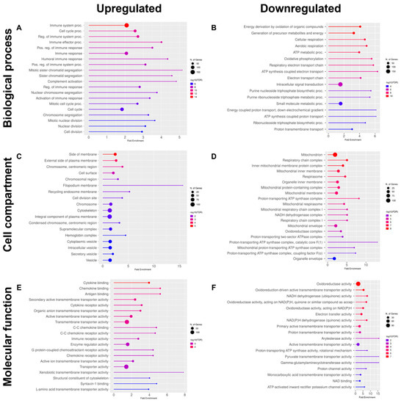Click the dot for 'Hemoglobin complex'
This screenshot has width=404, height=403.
(x=108, y=236)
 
